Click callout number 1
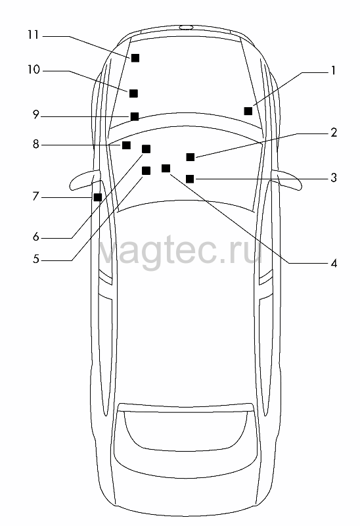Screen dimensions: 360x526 point(333,71)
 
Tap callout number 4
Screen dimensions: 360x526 point(334,264)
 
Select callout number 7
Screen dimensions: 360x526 point(36,196)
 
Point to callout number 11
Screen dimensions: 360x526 point(34,35)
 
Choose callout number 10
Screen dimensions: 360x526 point(34,70)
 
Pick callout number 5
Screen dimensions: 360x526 point(36,259)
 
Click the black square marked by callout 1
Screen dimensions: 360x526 point(248,111)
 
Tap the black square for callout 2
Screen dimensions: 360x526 point(190,157)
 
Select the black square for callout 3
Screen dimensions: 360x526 point(190,179)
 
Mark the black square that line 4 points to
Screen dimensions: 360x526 point(166,168)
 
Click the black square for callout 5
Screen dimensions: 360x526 point(146,171)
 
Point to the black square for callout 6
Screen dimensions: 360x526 point(146,149)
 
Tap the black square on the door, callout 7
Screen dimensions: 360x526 point(98,197)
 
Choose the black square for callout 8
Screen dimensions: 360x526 point(126,145)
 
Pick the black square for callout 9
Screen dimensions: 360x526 point(135,116)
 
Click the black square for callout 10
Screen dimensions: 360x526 point(133,93)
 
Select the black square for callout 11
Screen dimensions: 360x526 point(135,58)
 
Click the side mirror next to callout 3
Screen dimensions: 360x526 point(288,179)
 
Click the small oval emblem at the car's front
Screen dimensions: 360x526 point(186,27)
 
